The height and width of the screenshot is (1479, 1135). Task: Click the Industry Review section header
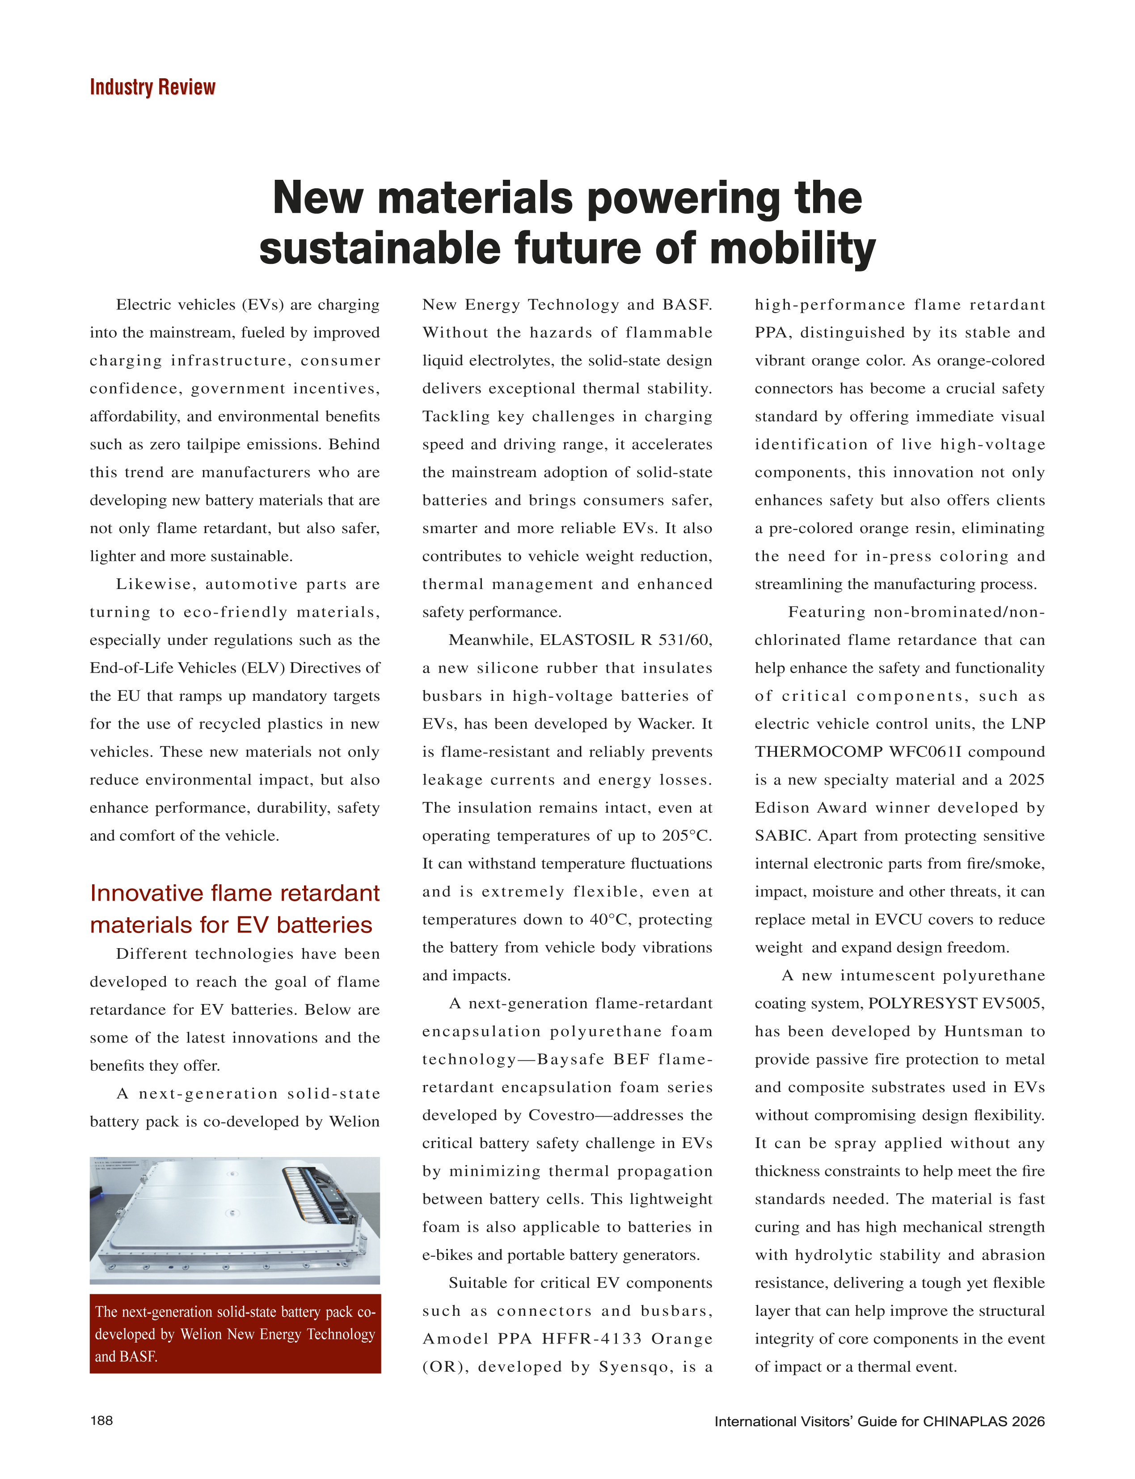153,87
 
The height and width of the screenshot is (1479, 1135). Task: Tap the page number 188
101,1420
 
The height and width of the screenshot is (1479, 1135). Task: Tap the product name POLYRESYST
922,1003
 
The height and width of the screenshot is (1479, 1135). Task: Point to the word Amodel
456,1339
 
